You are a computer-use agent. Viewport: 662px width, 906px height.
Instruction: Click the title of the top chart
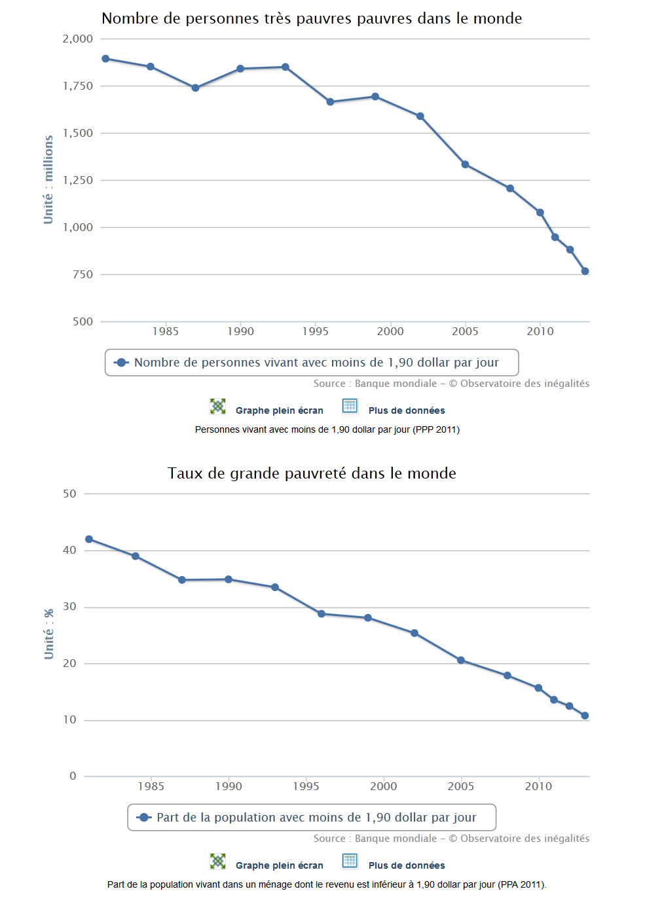[312, 18]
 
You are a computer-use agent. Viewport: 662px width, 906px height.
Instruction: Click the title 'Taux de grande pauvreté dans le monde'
[312, 473]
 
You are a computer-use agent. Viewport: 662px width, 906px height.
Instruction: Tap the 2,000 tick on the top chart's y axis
[78, 39]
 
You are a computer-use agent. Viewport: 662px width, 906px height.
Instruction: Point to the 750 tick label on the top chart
[83, 275]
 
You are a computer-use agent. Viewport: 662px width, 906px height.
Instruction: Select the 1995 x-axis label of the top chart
[315, 331]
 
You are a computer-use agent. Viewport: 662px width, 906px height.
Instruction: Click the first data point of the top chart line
[105, 59]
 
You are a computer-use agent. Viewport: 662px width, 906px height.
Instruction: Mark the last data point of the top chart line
[585, 271]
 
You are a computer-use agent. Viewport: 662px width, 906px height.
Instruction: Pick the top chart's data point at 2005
[465, 164]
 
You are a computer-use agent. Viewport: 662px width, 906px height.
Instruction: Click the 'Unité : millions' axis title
[48, 180]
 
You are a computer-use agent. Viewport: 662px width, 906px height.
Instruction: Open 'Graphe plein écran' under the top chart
[279, 410]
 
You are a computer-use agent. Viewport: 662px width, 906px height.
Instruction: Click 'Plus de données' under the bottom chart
[406, 865]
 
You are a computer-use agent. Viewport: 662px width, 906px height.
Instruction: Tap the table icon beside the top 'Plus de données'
[350, 407]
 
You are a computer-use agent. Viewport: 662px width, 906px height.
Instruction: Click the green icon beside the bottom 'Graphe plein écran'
[217, 861]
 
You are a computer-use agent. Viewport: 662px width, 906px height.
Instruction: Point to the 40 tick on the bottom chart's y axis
[69, 551]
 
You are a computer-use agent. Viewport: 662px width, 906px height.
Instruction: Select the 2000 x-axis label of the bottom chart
[383, 786]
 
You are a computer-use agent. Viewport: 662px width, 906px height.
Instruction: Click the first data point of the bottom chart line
[89, 539]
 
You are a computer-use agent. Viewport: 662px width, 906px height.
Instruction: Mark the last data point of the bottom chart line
[585, 716]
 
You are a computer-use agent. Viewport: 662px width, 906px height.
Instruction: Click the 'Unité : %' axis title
[48, 634]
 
